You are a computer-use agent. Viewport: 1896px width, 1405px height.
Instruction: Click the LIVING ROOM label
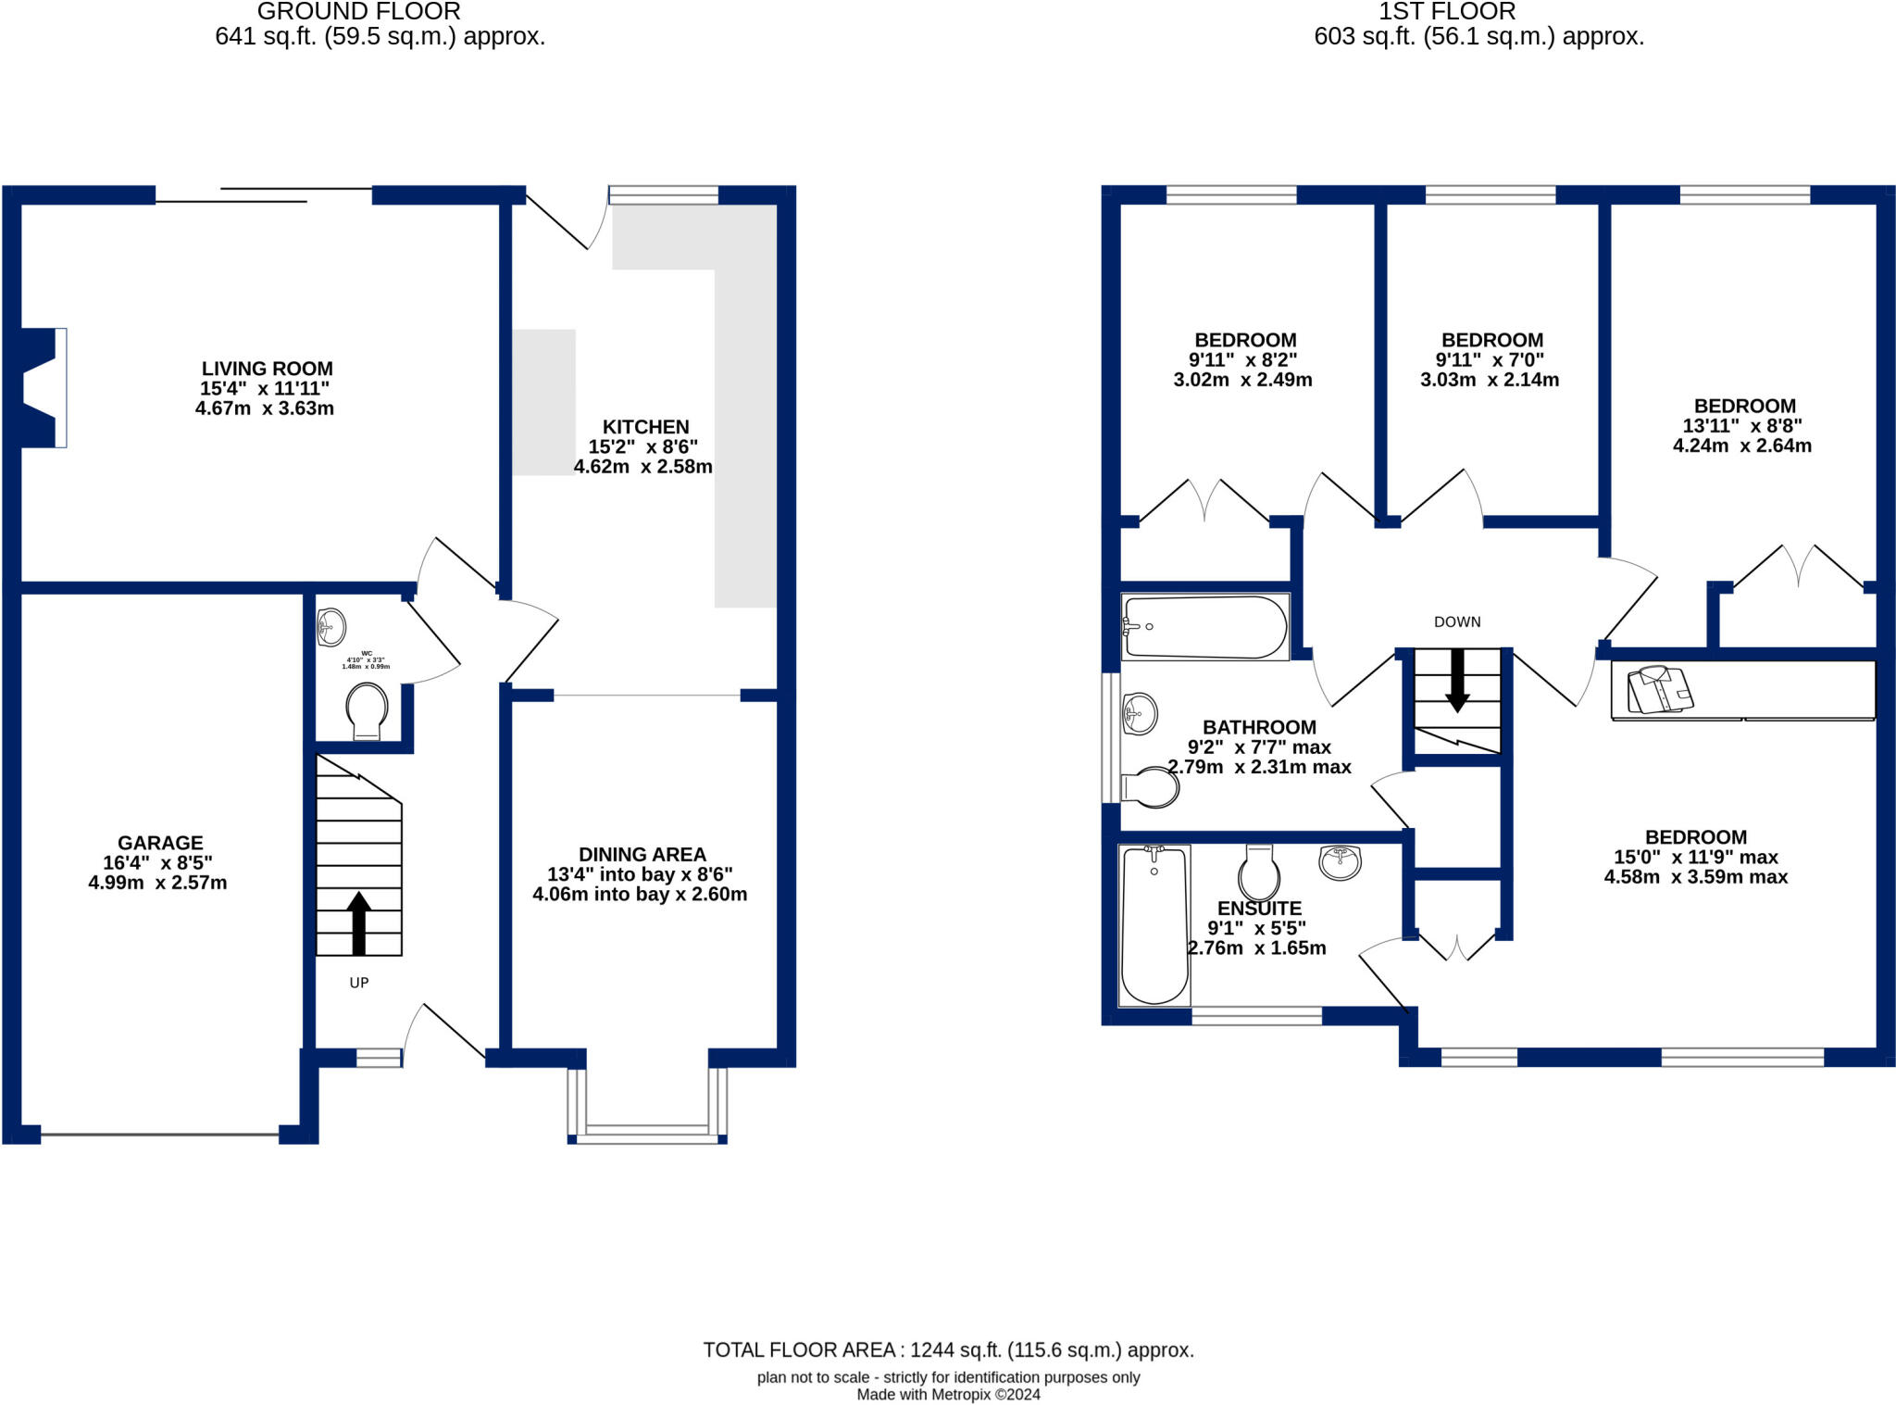tap(267, 369)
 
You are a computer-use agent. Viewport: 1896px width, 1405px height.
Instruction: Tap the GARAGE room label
tap(160, 843)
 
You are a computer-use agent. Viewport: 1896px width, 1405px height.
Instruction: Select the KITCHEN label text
tap(645, 427)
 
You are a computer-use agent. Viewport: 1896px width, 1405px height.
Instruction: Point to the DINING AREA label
tap(642, 855)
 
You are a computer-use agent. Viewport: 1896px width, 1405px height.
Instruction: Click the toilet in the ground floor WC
tap(367, 710)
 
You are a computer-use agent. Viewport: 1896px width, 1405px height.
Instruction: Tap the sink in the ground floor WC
tap(331, 627)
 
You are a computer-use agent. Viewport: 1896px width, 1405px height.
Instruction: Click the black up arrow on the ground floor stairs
tap(358, 922)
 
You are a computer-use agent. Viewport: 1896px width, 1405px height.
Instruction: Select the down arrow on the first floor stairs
tap(1457, 680)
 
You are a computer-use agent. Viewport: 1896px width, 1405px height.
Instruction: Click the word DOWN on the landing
tap(1457, 622)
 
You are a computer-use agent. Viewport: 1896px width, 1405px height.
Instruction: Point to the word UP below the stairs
tap(359, 983)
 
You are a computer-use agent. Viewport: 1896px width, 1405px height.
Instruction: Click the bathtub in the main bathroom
tap(1204, 627)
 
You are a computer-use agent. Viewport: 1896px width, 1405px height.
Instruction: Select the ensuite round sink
tap(1340, 862)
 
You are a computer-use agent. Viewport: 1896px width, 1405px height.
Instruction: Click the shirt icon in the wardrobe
tap(1660, 689)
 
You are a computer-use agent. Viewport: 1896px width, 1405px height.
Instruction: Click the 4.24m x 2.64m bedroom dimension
tap(1741, 445)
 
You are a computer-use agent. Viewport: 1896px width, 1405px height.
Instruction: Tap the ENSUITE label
tap(1259, 909)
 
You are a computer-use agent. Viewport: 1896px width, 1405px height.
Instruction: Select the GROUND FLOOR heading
tap(358, 12)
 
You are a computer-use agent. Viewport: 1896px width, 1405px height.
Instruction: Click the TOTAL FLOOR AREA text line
tap(948, 1349)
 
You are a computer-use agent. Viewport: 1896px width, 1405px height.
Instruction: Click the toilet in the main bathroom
tap(1152, 787)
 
